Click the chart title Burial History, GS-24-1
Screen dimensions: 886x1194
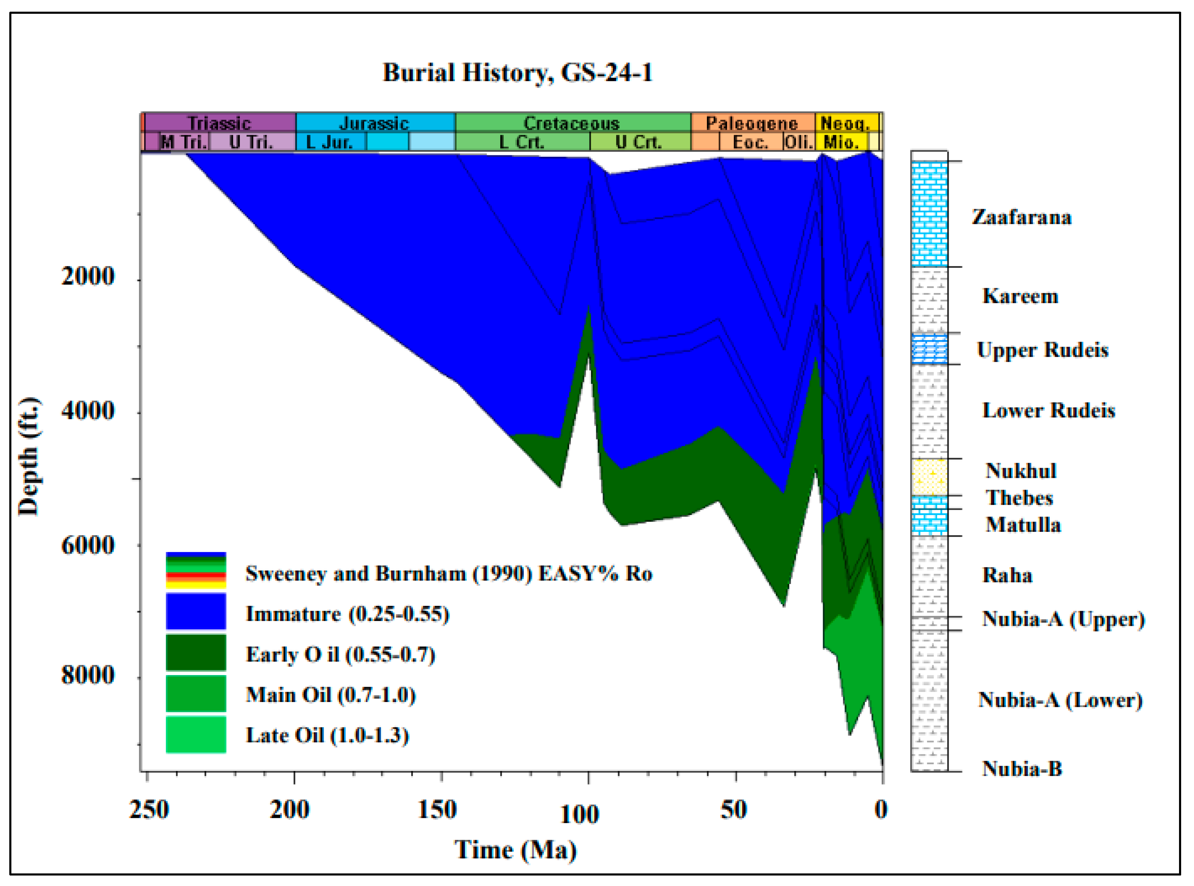517,73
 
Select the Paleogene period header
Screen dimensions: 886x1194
751,123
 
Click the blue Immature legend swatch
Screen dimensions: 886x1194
196,612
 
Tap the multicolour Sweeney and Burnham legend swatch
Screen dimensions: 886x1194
196,571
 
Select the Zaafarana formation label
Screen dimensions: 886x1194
1022,217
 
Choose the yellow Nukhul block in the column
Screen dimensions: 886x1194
929,477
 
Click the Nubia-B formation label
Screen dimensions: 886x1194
1022,769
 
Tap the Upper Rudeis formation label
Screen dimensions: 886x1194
1042,350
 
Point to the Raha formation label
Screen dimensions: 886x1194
1007,575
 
